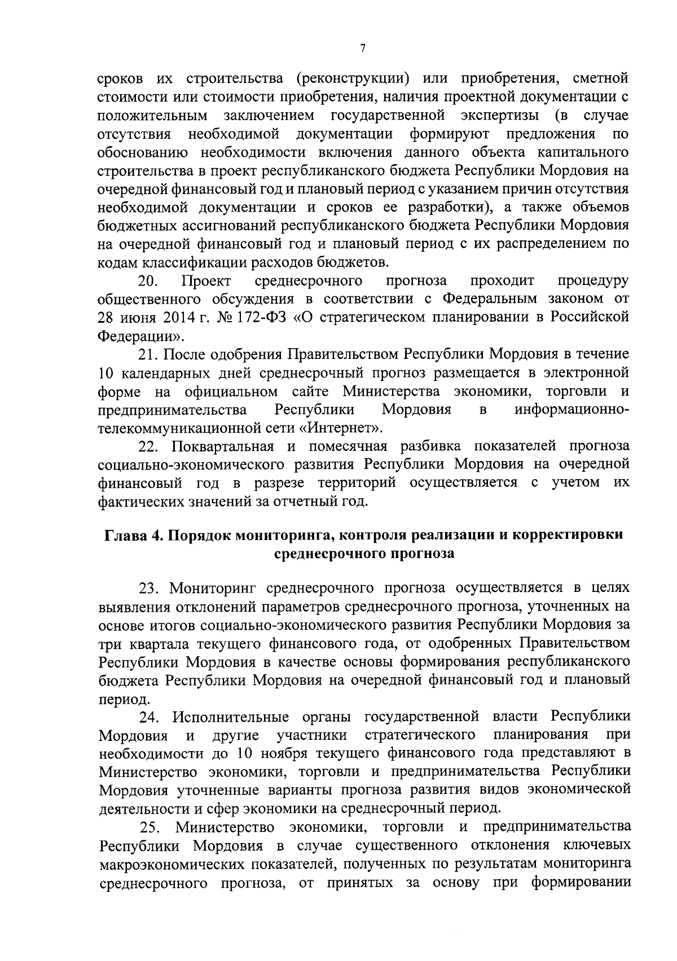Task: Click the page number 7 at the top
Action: point(362,49)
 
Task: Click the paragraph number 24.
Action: point(151,717)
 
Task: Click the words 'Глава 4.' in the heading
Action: point(133,535)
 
